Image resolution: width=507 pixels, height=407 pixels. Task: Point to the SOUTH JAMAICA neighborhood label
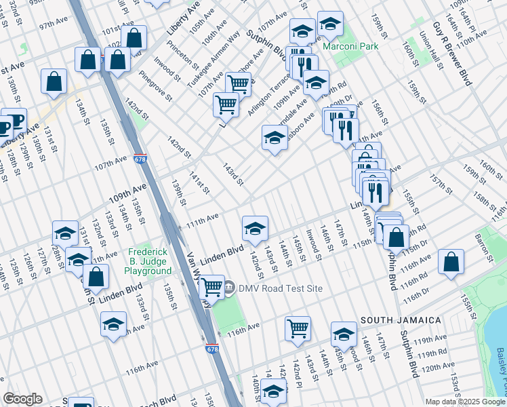point(401,319)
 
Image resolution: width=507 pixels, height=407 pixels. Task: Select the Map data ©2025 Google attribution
point(464,402)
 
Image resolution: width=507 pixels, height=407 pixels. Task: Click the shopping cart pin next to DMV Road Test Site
point(212,287)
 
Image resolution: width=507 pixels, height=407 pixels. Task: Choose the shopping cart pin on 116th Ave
point(298,328)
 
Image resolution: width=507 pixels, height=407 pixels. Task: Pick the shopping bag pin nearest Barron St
point(451,263)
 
